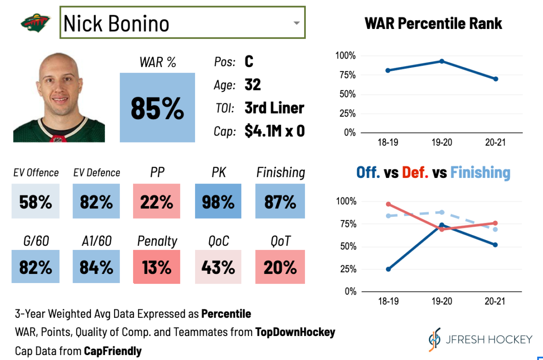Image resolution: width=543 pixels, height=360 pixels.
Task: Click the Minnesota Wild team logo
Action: click(33, 22)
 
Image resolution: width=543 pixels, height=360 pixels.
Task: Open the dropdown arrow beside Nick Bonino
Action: click(296, 23)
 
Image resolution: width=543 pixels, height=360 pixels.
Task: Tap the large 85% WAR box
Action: click(157, 107)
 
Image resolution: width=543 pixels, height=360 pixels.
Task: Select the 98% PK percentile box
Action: click(218, 202)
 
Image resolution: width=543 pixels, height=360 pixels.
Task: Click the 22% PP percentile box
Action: click(157, 202)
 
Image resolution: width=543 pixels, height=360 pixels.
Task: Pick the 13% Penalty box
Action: click(157, 267)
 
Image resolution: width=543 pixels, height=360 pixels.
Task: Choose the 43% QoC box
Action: click(218, 267)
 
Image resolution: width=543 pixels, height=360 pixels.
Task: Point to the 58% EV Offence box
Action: click(35, 202)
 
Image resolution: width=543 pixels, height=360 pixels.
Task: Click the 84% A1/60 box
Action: click(96, 267)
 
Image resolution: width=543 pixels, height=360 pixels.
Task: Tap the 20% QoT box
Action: click(280, 267)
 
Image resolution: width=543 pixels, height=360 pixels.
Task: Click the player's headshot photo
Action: click(59, 97)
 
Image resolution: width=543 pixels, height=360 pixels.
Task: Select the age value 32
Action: click(253, 85)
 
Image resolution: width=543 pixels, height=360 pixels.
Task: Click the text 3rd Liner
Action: click(274, 108)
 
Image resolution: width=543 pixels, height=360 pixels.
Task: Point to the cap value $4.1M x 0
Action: click(274, 131)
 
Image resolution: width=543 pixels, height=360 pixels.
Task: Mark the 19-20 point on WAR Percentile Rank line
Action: click(442, 61)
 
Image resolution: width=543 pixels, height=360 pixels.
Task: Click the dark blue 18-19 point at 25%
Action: click(388, 269)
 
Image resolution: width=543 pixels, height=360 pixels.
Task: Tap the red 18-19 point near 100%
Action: click(388, 204)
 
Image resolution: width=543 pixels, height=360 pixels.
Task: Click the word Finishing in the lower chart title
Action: click(480, 173)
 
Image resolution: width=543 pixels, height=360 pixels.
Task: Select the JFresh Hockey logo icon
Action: click(434, 339)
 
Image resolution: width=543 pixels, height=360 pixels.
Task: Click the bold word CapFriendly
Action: click(113, 350)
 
